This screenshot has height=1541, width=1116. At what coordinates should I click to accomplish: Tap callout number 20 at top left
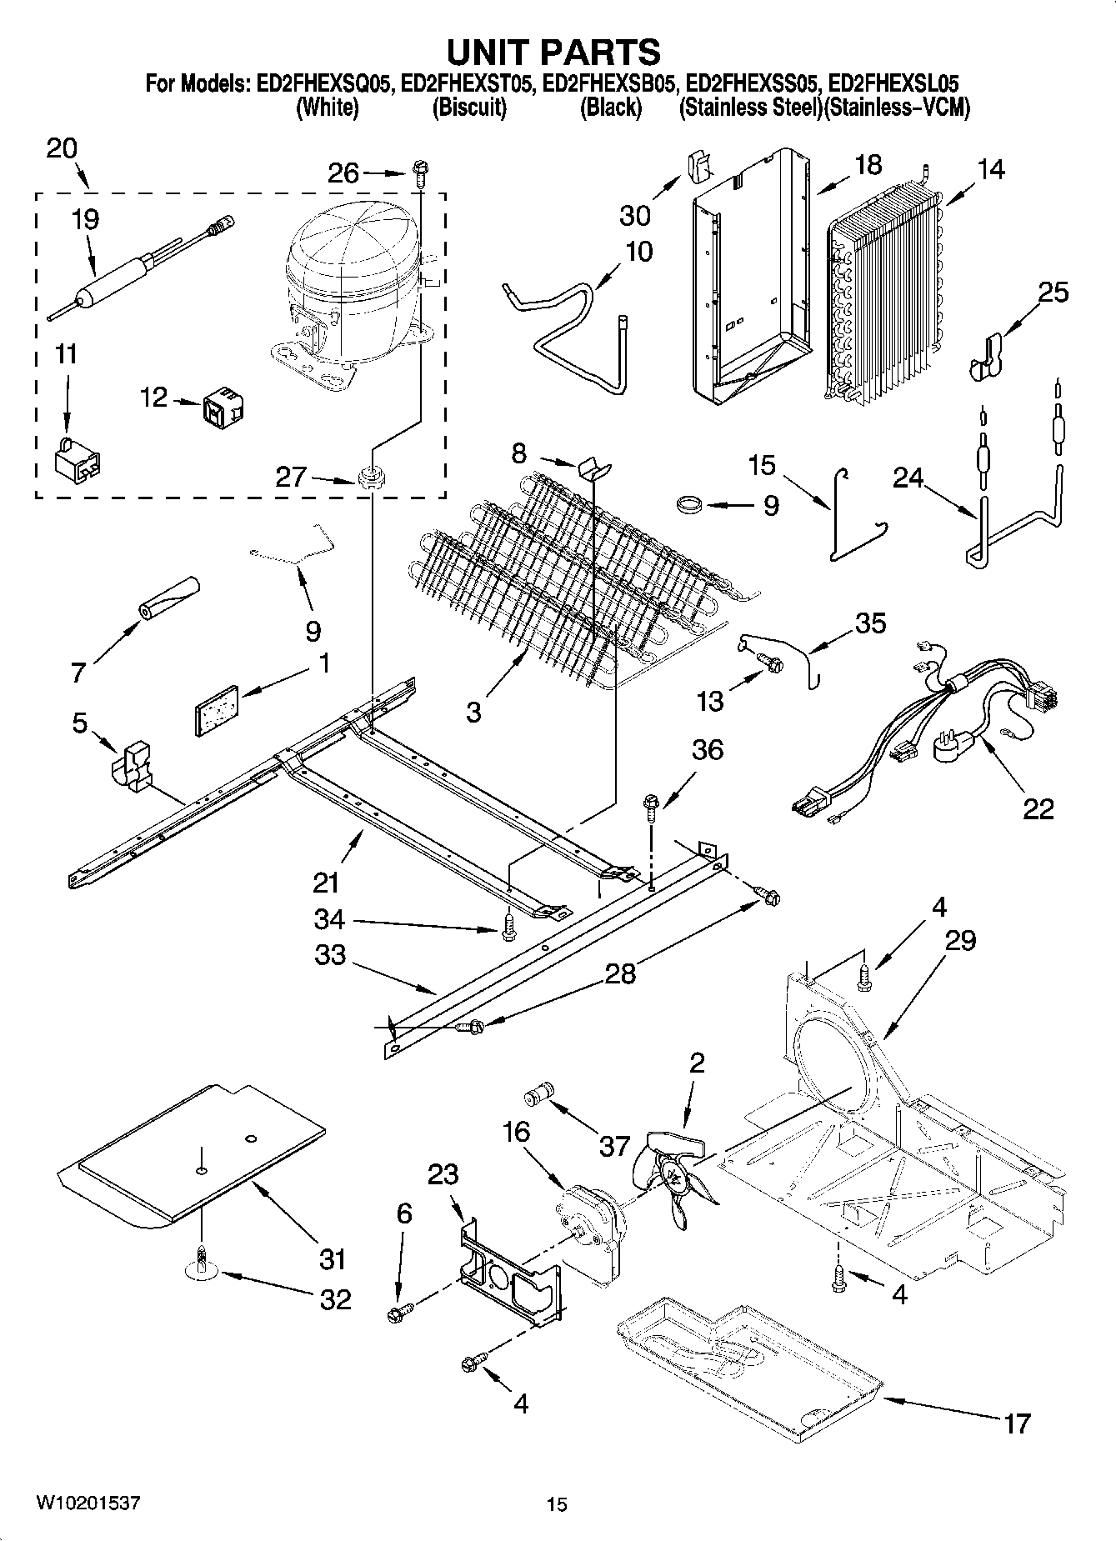(x=62, y=148)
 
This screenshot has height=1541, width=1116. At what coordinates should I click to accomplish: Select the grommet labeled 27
(x=369, y=478)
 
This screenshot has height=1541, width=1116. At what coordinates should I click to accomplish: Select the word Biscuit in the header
(x=469, y=108)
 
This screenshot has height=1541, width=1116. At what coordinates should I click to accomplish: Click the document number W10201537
(x=87, y=1503)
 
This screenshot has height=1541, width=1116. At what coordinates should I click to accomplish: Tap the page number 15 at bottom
(x=557, y=1503)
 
